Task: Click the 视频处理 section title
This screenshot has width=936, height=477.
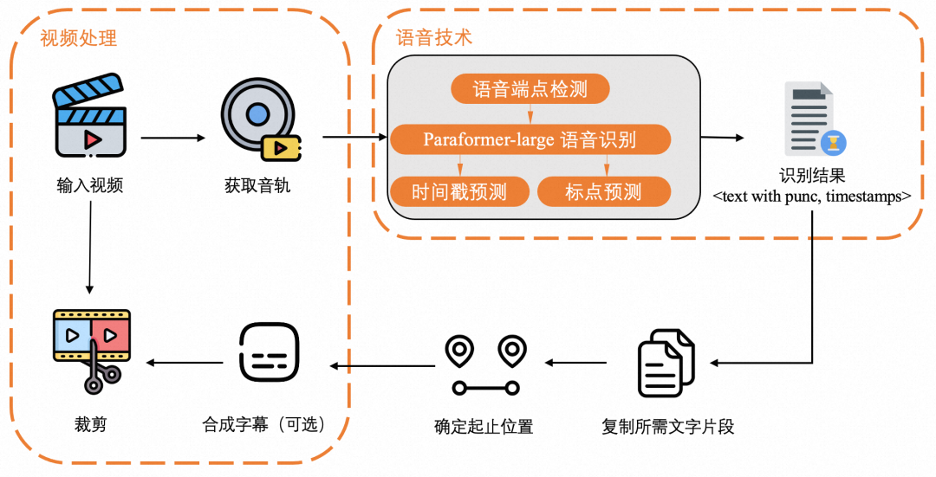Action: (79, 38)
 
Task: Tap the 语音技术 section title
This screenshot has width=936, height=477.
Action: (433, 38)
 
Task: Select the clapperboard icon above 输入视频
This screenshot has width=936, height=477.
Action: (90, 119)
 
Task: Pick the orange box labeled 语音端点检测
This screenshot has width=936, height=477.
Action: (530, 89)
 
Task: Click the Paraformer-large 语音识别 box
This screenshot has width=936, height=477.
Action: (530, 139)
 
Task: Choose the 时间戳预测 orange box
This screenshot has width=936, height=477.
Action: (459, 191)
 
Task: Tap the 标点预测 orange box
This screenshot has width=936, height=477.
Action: (604, 191)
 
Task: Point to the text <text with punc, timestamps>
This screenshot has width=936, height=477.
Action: (811, 197)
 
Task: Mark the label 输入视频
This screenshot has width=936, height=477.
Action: (90, 184)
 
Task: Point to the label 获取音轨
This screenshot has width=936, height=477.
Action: (257, 184)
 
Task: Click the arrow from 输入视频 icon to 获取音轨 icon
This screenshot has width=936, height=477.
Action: (173, 137)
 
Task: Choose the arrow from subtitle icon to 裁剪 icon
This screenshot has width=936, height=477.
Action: (181, 362)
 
